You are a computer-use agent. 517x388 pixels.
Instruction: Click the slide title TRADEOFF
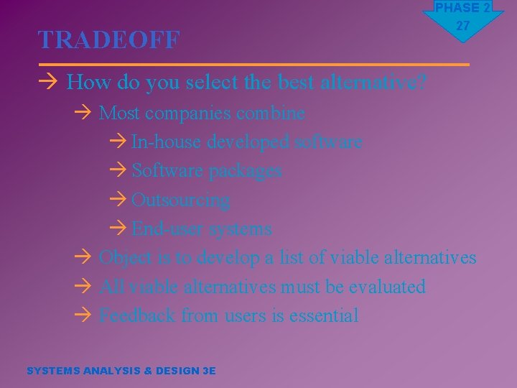pos(108,40)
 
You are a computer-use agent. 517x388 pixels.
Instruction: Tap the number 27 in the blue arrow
pos(463,26)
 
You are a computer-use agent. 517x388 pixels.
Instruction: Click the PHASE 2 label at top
pos(463,8)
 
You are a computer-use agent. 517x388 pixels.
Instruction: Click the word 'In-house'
pos(167,142)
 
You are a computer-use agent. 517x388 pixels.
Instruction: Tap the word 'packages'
pos(245,171)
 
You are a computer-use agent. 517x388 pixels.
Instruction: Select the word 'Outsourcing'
pos(181,200)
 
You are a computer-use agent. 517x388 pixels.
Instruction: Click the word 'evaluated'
pos(387,287)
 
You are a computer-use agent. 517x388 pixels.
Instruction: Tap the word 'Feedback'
pos(137,315)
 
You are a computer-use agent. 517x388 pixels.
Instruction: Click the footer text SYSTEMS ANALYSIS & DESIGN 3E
pos(121,371)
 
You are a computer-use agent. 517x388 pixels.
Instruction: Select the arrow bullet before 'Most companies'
pos(83,114)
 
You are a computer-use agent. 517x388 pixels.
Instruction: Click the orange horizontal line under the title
pos(253,65)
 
